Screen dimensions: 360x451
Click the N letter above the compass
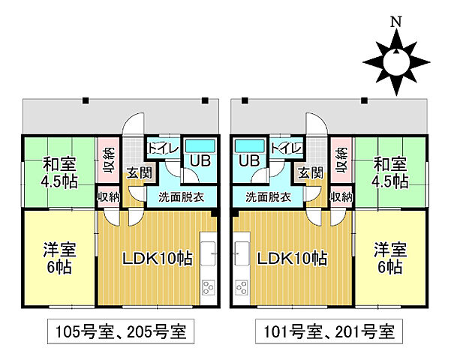[396, 22]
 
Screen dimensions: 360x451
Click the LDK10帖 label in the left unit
[158, 259]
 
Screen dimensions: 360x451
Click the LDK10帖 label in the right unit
[292, 259]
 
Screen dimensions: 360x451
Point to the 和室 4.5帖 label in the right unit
[389, 172]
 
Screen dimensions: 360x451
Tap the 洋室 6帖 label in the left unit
[57, 259]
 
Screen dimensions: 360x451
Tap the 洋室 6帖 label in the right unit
[389, 259]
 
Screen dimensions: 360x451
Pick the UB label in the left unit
[199, 160]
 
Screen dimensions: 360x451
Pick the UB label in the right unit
[248, 160]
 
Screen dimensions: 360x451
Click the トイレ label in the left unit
[163, 148]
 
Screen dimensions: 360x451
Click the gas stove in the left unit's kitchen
[208, 288]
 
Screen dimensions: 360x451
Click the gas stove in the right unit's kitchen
[242, 288]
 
